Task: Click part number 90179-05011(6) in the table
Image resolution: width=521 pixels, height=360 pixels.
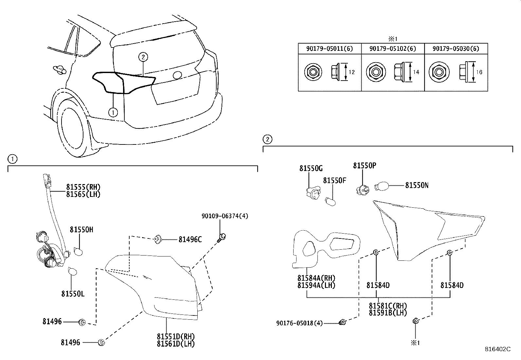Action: (x=329, y=49)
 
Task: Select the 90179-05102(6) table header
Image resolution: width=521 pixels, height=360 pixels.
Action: (x=393, y=49)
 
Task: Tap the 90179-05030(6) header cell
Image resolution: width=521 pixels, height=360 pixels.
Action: (x=456, y=49)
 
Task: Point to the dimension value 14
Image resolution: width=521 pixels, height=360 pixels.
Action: (x=416, y=72)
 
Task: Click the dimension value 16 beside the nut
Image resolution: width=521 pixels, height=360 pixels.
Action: (x=479, y=72)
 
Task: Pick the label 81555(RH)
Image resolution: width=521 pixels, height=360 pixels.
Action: (x=83, y=187)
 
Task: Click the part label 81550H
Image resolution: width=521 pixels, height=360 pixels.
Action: (x=81, y=230)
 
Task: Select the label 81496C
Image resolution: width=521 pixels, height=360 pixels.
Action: (x=190, y=239)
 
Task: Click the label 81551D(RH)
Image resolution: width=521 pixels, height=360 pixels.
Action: (x=176, y=336)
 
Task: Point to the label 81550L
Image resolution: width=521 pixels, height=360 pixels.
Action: (x=73, y=294)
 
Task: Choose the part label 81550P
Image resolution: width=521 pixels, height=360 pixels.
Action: (x=365, y=165)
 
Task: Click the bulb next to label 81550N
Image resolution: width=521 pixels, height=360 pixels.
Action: (x=382, y=186)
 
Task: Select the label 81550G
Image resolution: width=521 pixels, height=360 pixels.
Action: (x=311, y=168)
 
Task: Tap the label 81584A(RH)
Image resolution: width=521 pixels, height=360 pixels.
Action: (x=316, y=278)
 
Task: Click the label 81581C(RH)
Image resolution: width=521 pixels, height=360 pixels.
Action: (x=388, y=306)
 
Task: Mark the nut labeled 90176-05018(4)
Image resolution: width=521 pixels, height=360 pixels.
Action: (x=343, y=322)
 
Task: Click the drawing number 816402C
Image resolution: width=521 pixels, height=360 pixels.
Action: (x=498, y=349)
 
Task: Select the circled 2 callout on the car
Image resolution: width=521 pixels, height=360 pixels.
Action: (x=143, y=57)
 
